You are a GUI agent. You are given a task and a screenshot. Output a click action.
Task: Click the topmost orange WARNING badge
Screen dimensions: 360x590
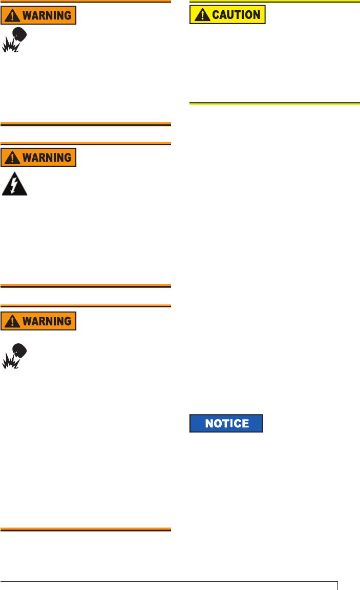click(x=38, y=15)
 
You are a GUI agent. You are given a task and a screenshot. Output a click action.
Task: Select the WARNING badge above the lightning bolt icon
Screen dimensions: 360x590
click(x=38, y=157)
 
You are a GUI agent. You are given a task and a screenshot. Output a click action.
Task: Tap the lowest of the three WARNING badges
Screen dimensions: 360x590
click(x=38, y=321)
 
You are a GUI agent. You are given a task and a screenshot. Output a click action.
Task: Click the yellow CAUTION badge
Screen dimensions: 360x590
click(x=227, y=14)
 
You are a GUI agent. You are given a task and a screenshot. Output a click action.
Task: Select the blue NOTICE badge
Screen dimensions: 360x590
click(x=226, y=423)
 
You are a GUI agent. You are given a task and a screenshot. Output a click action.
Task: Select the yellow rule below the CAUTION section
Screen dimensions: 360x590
click(x=274, y=104)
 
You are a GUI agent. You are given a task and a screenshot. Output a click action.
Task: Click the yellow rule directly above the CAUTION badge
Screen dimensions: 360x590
click(x=274, y=2)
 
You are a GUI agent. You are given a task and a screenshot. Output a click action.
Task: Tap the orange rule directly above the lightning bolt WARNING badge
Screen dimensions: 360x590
click(x=86, y=143)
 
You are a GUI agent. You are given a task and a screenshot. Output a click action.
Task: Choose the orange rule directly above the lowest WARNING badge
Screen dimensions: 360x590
click(x=86, y=306)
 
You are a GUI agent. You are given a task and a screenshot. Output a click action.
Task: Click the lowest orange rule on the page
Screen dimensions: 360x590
click(x=86, y=530)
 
